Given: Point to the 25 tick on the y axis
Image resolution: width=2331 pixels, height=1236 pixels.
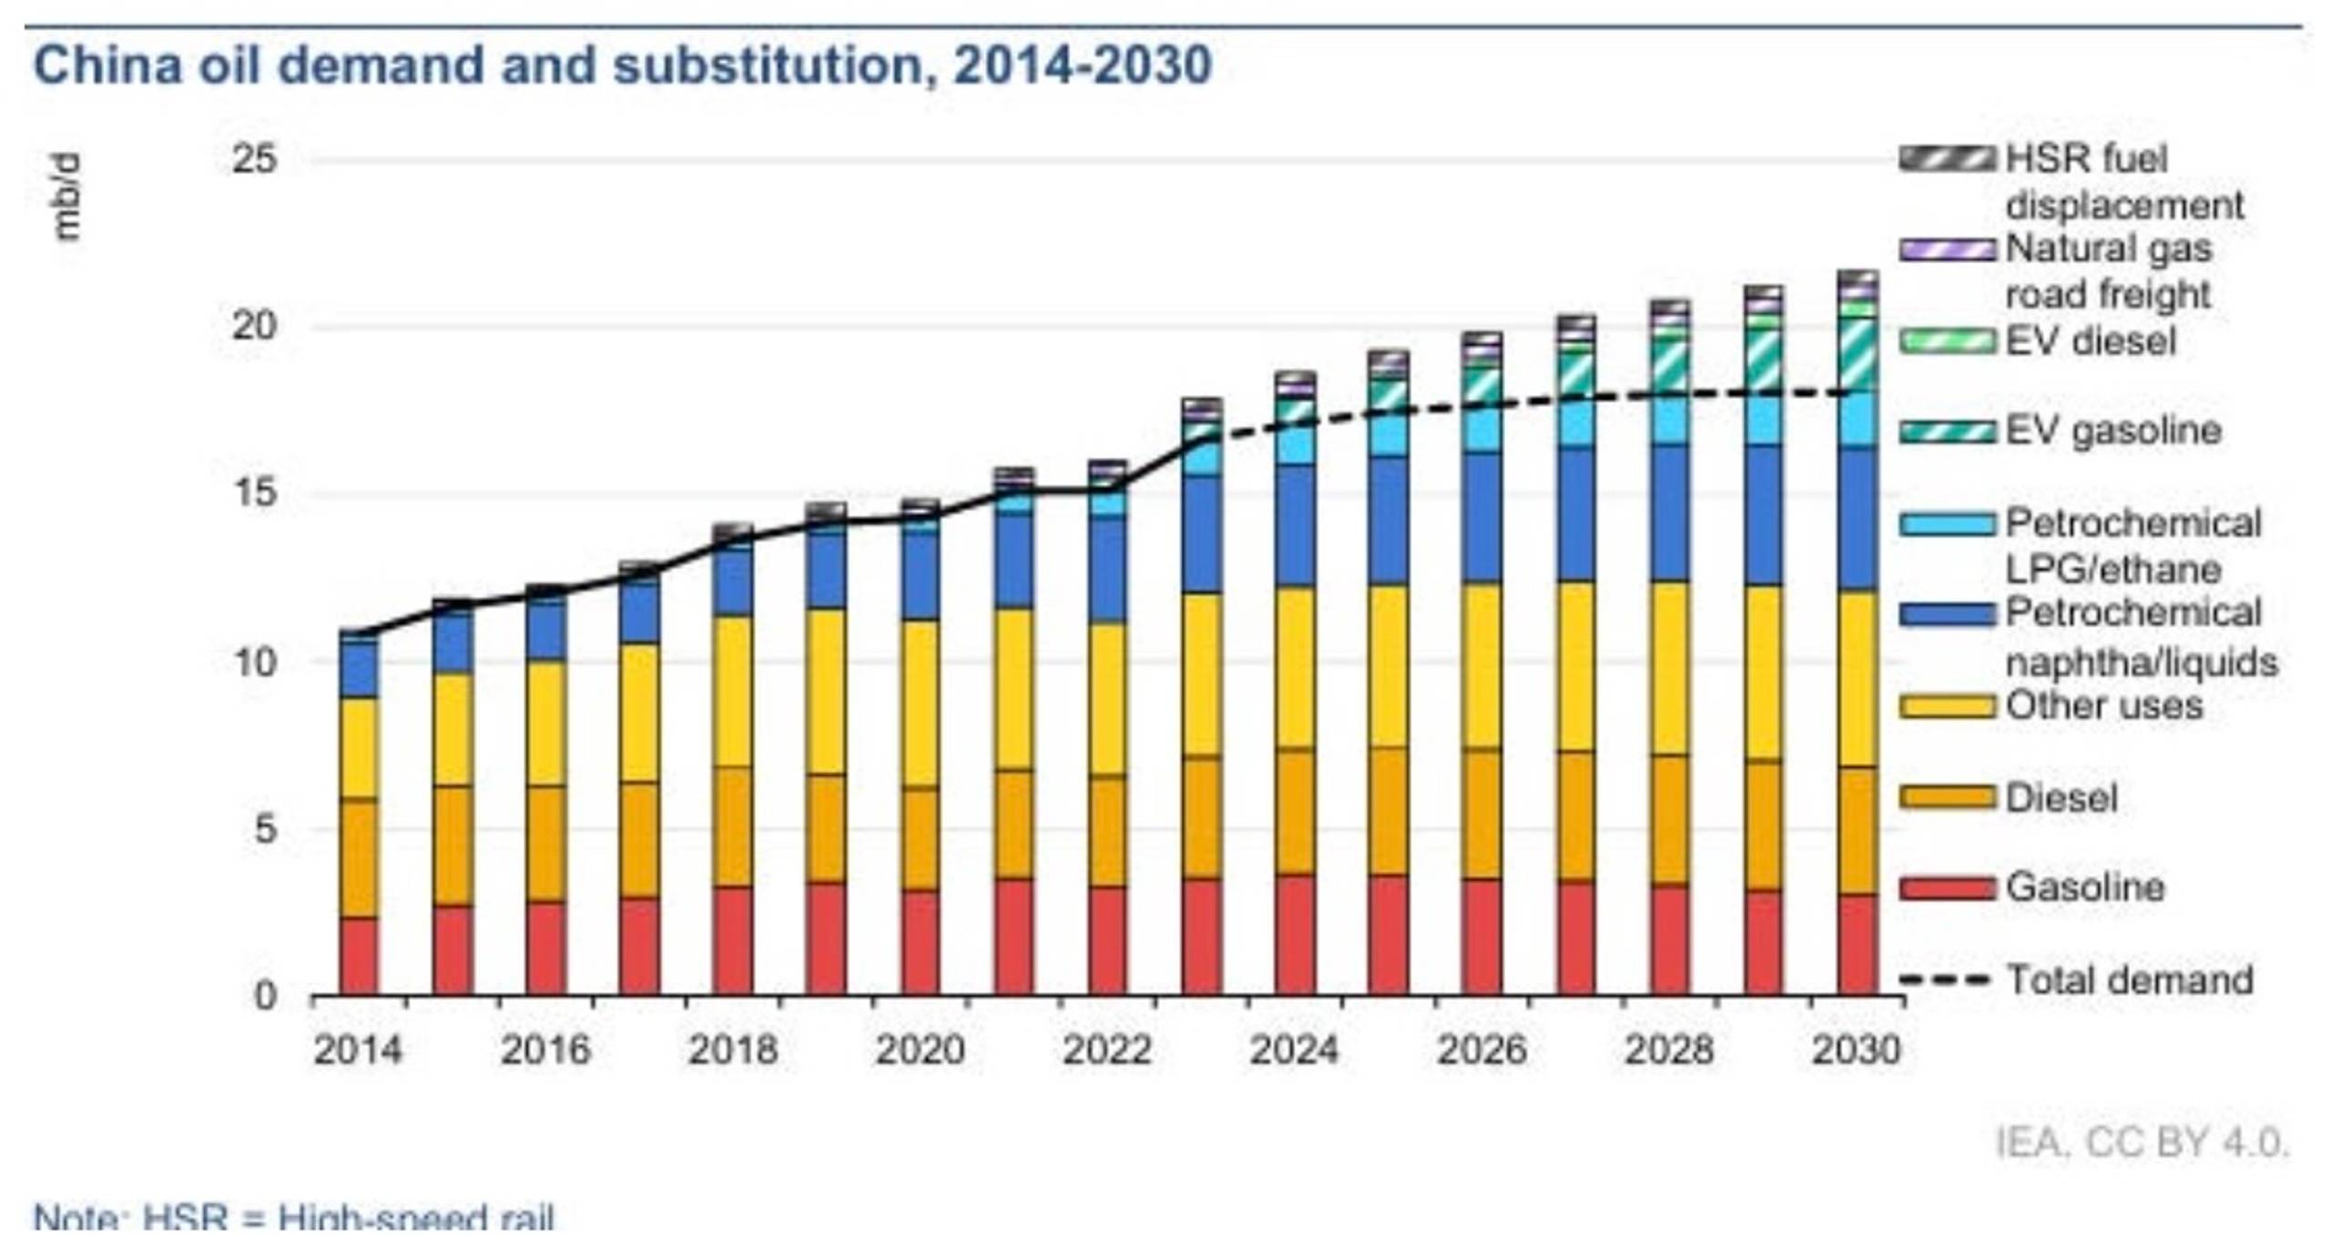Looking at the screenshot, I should pos(254,160).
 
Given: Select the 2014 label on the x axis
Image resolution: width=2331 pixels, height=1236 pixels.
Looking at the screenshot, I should pos(357,1050).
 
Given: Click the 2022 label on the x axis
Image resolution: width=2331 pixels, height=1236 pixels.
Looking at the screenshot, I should pos(1106,1050).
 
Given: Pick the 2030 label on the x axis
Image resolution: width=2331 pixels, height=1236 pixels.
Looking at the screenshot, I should pos(1856,1050).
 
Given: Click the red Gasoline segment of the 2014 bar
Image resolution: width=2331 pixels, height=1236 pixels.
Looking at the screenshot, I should pos(359,956).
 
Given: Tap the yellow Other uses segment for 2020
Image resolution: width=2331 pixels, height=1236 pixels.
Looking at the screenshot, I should pos(921,704).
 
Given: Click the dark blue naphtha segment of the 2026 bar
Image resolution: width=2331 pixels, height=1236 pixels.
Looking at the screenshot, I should pos(1482,517).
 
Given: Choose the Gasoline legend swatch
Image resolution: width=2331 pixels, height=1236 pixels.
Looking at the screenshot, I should pos(1947,887).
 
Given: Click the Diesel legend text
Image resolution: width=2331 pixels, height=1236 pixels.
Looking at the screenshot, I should pos(2061,798).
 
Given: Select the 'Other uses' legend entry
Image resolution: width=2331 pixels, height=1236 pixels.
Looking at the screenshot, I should pos(2103,706).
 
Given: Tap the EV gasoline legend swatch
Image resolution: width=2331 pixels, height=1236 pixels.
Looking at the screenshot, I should pos(1947,431).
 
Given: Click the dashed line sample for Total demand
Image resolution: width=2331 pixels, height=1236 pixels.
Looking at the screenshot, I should pos(1947,980).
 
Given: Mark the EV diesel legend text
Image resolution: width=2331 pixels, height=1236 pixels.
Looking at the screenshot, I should pos(2091,342).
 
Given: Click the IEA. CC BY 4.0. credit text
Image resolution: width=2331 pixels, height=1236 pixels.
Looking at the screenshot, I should pos(2142,1143).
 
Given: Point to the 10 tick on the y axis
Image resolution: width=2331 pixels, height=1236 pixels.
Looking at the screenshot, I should pos(254,663).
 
